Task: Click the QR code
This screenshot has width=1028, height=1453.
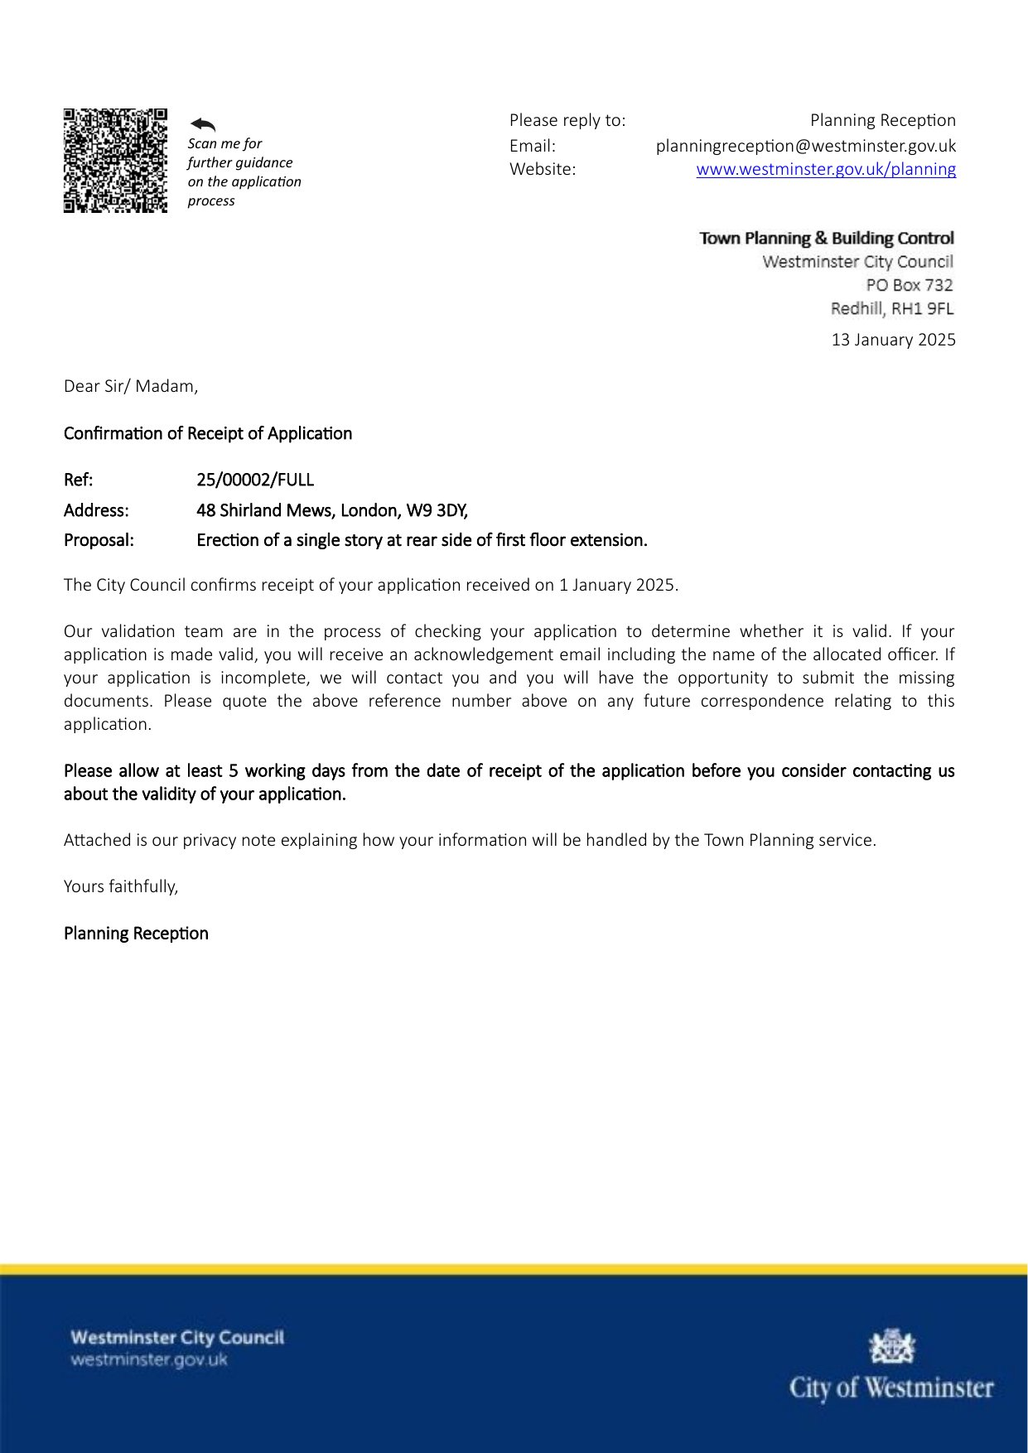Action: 115,161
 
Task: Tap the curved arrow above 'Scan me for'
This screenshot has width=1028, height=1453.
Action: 203,124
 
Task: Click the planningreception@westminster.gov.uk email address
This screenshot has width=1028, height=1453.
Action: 805,146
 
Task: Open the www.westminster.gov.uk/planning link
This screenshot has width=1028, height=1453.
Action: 825,170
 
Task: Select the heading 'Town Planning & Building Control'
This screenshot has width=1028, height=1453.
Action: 826,239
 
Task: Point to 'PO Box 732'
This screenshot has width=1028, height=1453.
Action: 909,285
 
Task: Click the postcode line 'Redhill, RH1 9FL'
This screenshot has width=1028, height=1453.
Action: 891,308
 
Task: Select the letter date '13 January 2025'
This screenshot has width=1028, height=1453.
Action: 893,340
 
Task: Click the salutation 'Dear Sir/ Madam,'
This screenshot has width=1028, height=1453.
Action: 131,386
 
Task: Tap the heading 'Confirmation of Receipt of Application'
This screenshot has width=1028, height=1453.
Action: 208,433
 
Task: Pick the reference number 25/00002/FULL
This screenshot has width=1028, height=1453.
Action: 255,480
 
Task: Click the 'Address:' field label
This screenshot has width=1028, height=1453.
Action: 96,510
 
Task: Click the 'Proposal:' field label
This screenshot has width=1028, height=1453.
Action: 99,540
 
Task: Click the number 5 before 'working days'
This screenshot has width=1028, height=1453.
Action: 234,771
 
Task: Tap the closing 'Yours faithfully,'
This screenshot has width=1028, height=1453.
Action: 121,886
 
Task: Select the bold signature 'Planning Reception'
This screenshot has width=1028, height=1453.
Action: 136,934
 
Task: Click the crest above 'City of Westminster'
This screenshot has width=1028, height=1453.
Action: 891,1346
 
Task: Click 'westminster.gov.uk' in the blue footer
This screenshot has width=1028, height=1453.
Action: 149,1359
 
